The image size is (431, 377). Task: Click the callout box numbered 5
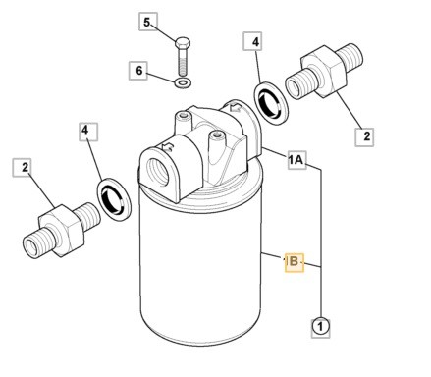coord(148,22)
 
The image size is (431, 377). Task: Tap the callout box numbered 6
coord(138,71)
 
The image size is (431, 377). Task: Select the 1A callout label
coord(297,160)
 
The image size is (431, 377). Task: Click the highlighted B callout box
coord(295,262)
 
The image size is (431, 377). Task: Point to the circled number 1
coord(320,326)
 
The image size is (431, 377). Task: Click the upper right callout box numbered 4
coord(252,41)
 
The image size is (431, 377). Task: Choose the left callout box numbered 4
coord(88,132)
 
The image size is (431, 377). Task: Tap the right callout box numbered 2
coord(365,136)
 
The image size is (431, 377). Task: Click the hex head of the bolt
coord(183,43)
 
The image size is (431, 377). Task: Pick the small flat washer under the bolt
coord(183,82)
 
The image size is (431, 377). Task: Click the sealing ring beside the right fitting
coord(271,103)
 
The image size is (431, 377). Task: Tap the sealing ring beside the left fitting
coord(114,199)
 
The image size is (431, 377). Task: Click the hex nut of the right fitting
coord(323,71)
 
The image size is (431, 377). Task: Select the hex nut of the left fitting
coord(61,231)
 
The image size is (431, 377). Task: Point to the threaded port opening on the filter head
coord(158,173)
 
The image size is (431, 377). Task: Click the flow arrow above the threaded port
coord(167,147)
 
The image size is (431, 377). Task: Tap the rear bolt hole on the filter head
coord(184,116)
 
